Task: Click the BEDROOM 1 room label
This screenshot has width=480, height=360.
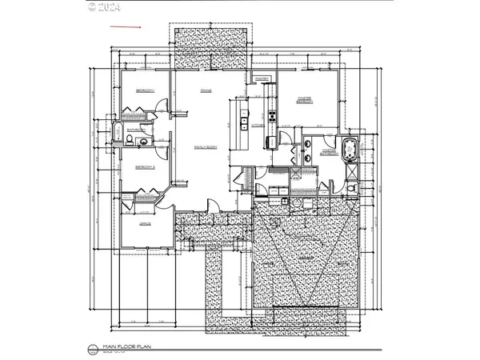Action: click(x=145, y=90)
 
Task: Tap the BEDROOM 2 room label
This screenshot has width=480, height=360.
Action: click(x=145, y=166)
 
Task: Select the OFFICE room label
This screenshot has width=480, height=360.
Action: click(x=146, y=224)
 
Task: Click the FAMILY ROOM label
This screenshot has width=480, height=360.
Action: click(x=206, y=148)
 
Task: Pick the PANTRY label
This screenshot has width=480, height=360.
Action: click(x=262, y=78)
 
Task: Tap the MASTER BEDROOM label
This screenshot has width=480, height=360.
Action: click(x=305, y=100)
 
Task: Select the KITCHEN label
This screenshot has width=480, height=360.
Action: click(x=258, y=126)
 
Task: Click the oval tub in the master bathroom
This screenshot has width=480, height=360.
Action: click(x=349, y=149)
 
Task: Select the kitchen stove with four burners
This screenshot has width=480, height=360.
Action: click(x=272, y=116)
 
